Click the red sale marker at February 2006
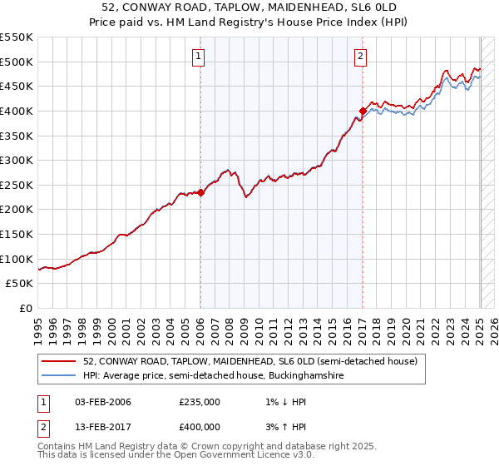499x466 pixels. click(x=200, y=192)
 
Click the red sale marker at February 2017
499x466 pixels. click(x=363, y=111)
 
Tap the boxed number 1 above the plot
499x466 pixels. click(x=200, y=57)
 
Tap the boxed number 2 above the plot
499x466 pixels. click(x=361, y=57)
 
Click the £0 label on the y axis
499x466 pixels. click(x=25, y=308)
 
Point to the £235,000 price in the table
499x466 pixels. click(x=200, y=403)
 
